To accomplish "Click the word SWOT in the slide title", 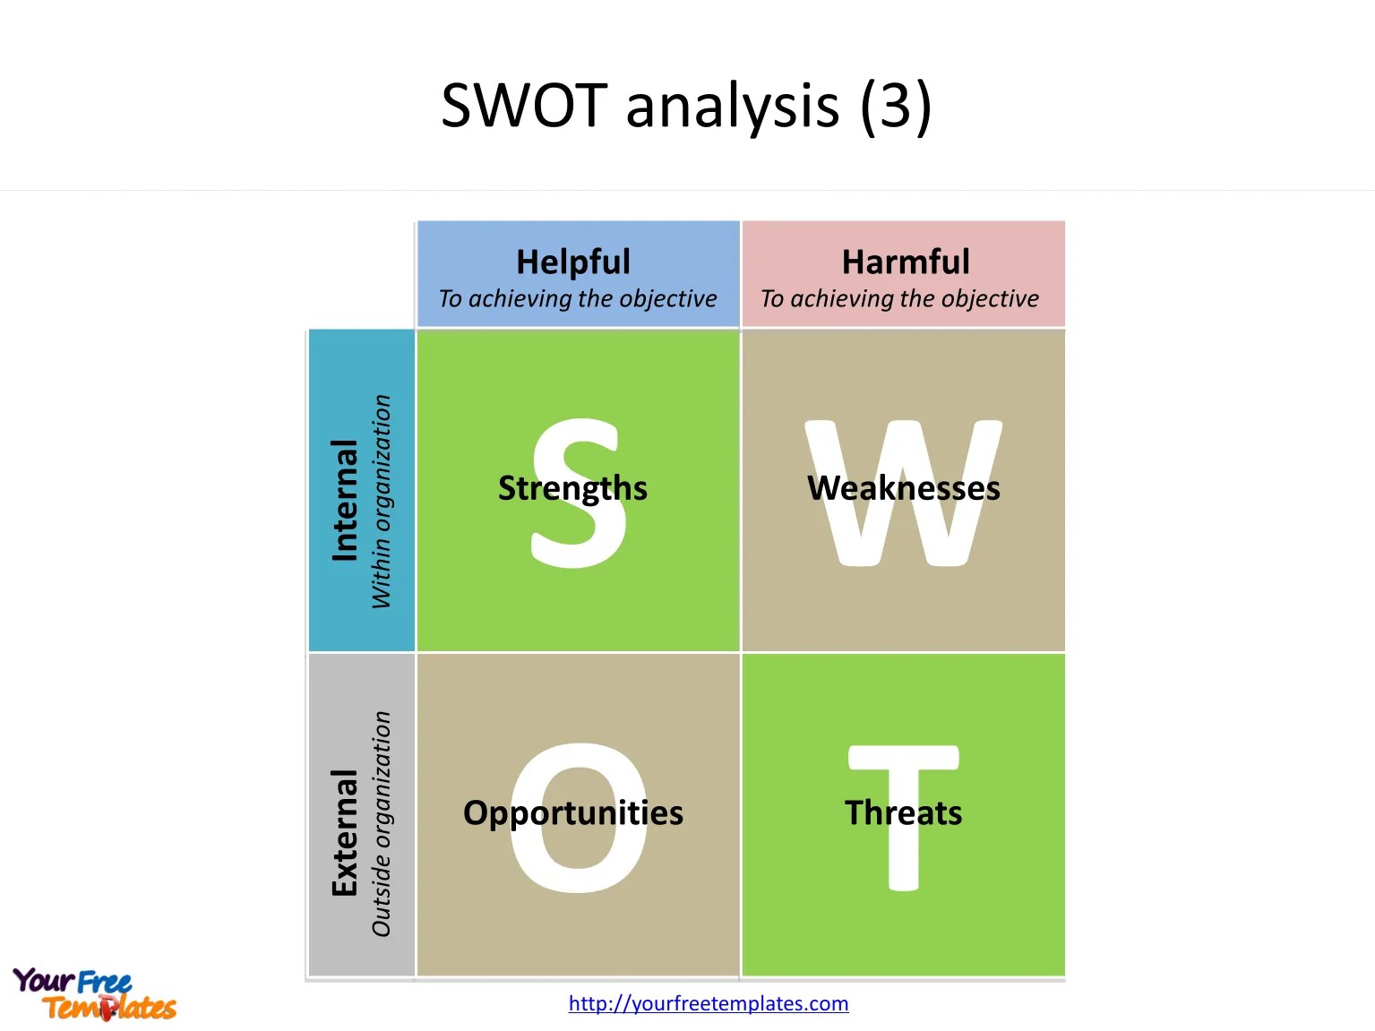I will point(525,106).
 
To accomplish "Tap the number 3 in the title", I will point(895,106).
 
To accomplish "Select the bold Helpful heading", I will point(573,262).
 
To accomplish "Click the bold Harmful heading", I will point(906,262).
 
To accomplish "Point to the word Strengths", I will point(572,488).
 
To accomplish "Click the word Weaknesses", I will point(904,488).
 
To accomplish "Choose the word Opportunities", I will point(573,812).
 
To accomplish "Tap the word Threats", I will point(903,812).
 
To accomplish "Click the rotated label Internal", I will point(345,500).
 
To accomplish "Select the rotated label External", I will point(345,832).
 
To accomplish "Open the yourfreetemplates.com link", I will point(709,1003).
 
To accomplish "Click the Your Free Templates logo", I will point(94,994).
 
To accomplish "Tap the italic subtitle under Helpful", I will point(578,298).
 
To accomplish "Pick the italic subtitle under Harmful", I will point(899,298).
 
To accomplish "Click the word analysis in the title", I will point(732,106).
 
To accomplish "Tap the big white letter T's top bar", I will point(903,758).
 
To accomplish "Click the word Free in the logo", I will point(104,983).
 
